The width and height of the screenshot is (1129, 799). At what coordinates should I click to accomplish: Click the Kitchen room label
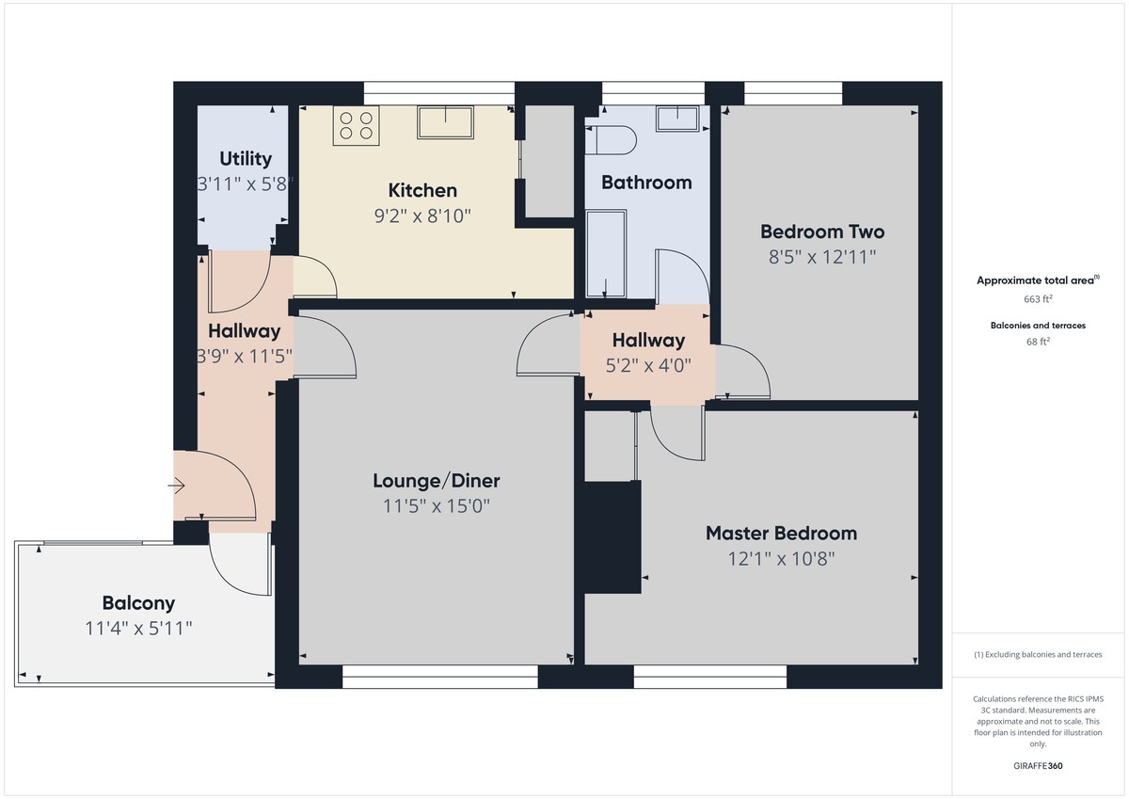422,191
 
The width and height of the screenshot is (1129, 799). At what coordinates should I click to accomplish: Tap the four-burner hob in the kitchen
356,127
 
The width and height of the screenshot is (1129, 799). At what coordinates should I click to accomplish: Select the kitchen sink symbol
446,122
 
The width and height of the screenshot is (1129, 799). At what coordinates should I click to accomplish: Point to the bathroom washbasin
677,119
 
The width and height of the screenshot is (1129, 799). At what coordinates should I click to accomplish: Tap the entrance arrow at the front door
177,486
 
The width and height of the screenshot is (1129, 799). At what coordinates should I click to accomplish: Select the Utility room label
246,159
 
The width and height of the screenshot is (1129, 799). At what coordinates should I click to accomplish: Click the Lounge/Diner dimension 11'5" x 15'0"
436,506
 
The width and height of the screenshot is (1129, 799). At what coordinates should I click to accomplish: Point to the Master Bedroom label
781,534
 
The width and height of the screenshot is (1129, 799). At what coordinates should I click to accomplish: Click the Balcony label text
138,603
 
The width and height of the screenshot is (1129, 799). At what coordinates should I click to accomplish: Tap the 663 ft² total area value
1038,299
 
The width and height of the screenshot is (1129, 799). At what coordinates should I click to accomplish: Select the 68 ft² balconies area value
1038,342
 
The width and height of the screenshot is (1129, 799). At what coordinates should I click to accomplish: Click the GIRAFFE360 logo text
1038,766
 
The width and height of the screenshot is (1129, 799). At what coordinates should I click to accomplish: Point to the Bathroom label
646,183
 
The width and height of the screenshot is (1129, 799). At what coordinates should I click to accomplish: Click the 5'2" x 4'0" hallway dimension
648,365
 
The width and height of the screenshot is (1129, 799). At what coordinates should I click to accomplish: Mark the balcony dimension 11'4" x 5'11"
138,628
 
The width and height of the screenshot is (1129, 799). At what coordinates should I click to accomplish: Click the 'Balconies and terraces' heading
1038,326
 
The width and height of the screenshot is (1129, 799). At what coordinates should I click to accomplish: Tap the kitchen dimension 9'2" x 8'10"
422,216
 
